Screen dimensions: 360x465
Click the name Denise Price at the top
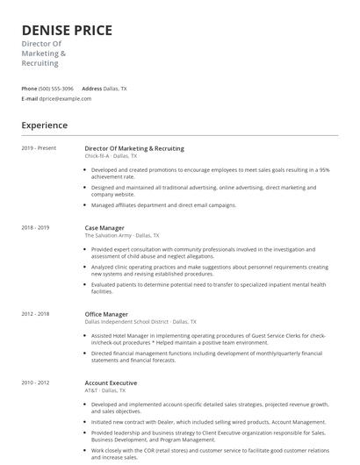(67, 31)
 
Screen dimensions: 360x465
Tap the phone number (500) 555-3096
(56, 89)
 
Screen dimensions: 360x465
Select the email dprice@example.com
(66, 98)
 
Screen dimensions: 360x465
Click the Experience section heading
(44, 125)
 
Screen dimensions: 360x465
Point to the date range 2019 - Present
(39, 148)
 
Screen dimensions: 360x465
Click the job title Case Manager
(104, 227)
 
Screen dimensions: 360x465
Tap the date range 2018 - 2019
(35, 227)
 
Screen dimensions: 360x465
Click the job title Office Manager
(106, 314)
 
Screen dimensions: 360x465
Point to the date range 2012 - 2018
(35, 314)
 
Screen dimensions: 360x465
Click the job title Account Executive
(111, 383)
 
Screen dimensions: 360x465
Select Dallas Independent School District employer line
(140, 322)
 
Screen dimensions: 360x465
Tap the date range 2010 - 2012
(35, 383)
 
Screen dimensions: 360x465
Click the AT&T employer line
(110, 390)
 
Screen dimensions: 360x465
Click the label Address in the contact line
(91, 89)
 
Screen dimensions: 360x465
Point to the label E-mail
(30, 98)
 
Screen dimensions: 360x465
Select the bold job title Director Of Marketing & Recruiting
(134, 148)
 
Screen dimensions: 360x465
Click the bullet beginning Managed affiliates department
(163, 205)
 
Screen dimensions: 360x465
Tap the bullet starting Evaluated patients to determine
(208, 288)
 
